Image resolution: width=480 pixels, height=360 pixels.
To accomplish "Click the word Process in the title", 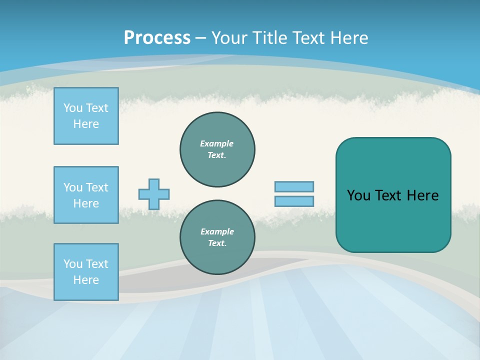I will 157,38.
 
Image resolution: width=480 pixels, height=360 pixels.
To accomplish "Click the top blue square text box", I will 86,116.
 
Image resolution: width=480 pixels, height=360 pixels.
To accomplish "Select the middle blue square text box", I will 86,195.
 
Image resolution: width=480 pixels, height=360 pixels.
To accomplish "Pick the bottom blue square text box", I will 86,272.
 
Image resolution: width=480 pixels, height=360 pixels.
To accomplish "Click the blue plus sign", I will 154,194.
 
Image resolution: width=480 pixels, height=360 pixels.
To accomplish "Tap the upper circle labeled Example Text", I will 217,149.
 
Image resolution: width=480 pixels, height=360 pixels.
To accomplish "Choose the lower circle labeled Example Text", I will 217,237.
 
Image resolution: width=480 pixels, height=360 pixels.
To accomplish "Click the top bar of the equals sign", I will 294,186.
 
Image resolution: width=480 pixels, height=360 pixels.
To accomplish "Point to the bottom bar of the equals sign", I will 294,201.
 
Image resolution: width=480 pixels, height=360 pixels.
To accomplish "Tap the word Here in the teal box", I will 422,195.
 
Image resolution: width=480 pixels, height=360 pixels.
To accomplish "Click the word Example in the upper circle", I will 216,143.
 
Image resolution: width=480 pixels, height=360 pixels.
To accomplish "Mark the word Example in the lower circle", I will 217,231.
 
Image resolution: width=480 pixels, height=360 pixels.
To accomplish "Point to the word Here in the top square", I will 86,124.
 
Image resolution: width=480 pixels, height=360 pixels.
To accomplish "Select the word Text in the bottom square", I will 97,264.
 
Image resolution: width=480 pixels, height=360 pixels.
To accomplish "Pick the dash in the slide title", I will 201,38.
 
